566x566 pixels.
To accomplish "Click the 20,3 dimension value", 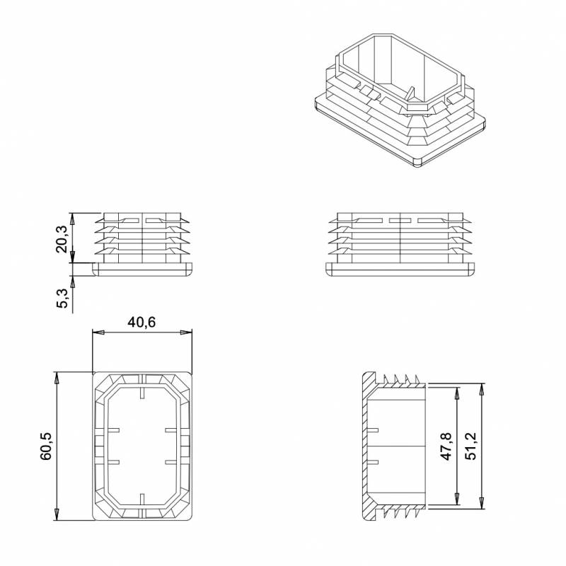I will click(62, 238).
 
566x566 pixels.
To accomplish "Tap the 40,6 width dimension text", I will click(141, 322).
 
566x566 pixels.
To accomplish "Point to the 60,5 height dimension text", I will click(46, 446).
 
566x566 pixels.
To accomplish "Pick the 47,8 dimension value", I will click(446, 446).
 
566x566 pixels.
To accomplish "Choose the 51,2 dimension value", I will click(471, 446).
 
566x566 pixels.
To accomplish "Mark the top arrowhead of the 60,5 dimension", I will click(57, 376).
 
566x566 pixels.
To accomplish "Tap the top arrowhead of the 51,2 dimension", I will click(483, 388).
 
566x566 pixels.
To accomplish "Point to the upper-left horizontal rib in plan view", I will click(115, 429).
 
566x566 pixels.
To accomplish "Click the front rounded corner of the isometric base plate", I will click(417, 162).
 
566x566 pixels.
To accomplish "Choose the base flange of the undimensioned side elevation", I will click(400, 270).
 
